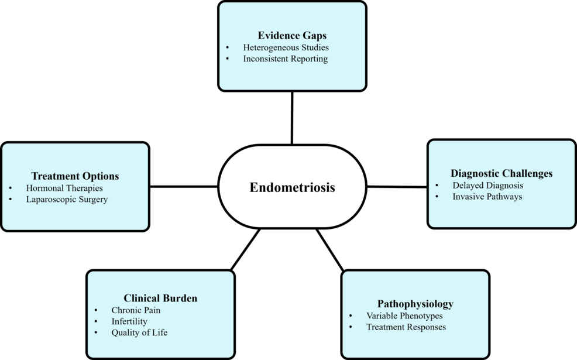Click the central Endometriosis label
(292, 187)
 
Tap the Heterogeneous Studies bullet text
(286, 47)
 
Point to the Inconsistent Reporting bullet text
(285, 59)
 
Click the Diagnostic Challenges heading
(502, 173)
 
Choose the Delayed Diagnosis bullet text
(487, 185)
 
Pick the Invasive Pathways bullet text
(487, 197)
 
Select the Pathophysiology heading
(415, 304)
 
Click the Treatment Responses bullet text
(406, 327)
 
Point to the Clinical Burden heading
(160, 298)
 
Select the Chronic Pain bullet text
(136, 310)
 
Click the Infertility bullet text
(129, 321)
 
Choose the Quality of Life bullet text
(139, 333)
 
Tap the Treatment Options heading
(75, 176)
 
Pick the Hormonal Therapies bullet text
(64, 188)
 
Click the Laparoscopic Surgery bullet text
(67, 200)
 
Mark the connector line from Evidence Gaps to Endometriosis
(291, 117)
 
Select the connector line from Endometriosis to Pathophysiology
(330, 249)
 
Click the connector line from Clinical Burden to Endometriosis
(245, 249)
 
